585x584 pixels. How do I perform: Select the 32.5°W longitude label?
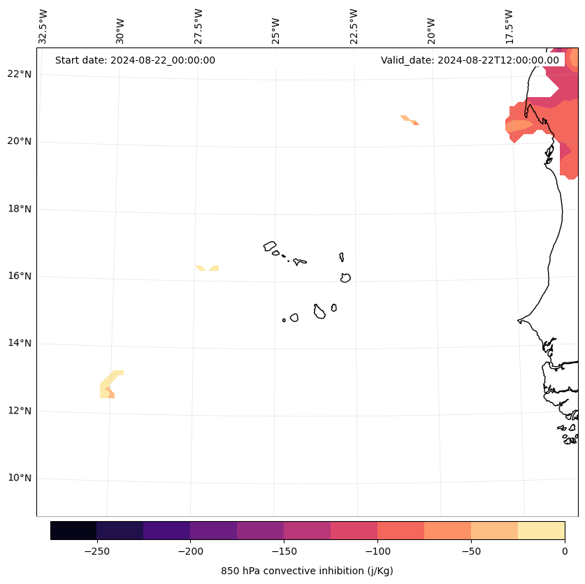[43, 26]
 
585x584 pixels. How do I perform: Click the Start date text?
[135, 60]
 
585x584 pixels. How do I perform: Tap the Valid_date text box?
[470, 60]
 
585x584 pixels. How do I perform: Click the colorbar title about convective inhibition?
[307, 571]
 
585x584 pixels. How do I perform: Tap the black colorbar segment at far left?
[73, 530]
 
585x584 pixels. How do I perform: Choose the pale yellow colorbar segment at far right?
[541, 530]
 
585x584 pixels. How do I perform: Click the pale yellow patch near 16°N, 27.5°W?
[208, 268]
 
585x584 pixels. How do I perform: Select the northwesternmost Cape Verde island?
[270, 246]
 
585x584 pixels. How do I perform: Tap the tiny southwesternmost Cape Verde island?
[284, 320]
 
